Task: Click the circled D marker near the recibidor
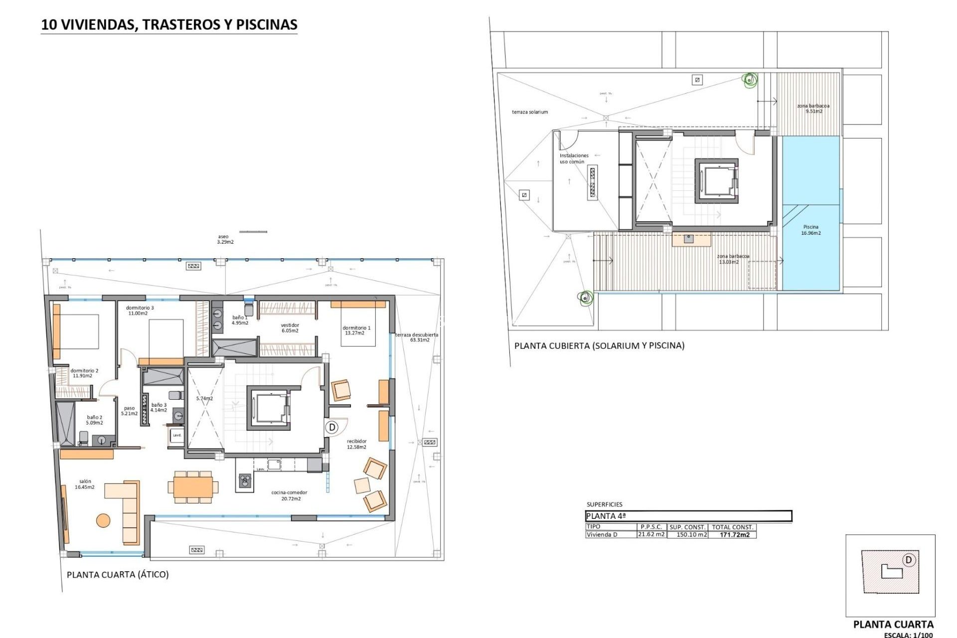click(x=332, y=427)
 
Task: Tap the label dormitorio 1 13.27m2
click(x=356, y=330)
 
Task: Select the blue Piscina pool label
click(x=811, y=230)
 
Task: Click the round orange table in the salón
click(x=103, y=520)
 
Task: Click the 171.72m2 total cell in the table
click(x=735, y=535)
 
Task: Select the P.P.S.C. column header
click(x=651, y=527)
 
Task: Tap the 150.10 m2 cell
click(x=691, y=535)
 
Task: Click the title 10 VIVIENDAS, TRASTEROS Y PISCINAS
click(x=169, y=25)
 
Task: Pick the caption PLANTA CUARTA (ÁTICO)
click(x=118, y=575)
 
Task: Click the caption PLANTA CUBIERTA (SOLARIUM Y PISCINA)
click(x=599, y=345)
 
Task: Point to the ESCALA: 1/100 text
click(x=908, y=635)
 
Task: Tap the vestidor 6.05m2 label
click(x=290, y=327)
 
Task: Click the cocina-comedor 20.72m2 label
click(x=289, y=495)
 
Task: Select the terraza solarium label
click(x=530, y=112)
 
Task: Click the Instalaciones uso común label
click(x=574, y=159)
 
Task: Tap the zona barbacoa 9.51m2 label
click(x=813, y=108)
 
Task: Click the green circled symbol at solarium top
click(x=749, y=79)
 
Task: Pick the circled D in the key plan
click(x=909, y=560)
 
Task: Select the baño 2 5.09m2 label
click(x=94, y=420)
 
